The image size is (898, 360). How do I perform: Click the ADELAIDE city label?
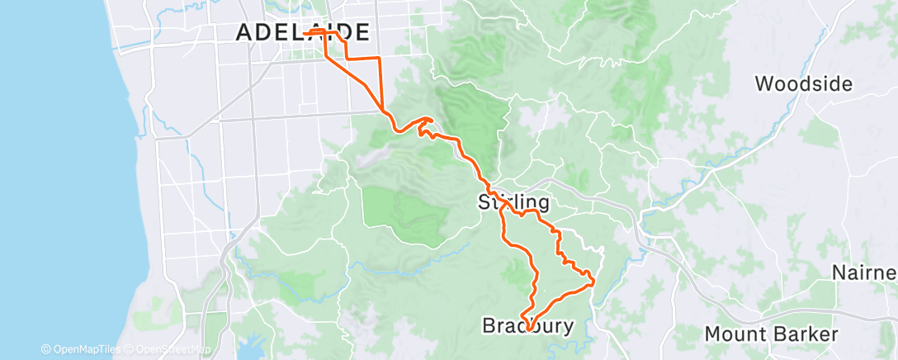click(x=302, y=32)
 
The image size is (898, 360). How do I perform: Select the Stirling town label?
click(x=514, y=202)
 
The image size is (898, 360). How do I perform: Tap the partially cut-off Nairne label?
click(x=864, y=273)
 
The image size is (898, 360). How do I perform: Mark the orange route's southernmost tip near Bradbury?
click(x=528, y=331)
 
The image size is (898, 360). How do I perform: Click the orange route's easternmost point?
click(x=594, y=283)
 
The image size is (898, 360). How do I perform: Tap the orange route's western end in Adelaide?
click(x=305, y=32)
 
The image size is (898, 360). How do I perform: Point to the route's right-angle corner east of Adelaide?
click(x=379, y=59)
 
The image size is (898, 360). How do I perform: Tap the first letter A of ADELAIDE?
click(x=245, y=33)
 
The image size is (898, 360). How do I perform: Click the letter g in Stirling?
click(x=543, y=205)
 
